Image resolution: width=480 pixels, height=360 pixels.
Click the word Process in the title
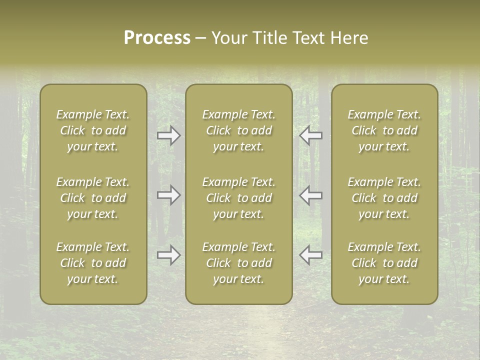[x=157, y=38]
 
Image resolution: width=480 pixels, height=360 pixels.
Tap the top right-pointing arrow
[x=169, y=135]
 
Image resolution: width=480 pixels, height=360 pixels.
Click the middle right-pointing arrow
[x=169, y=195]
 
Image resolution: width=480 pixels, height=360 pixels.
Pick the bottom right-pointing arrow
[x=169, y=255]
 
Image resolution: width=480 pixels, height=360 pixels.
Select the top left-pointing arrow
[x=310, y=135]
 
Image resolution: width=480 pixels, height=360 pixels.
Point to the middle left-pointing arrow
[x=310, y=195]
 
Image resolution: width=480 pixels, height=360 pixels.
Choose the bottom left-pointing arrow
[x=310, y=255]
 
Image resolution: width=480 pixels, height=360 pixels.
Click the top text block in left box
[x=93, y=130]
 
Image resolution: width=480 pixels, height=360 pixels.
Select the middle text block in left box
[x=93, y=198]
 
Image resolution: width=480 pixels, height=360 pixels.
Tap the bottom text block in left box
[x=93, y=263]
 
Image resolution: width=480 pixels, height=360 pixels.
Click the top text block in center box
[x=239, y=130]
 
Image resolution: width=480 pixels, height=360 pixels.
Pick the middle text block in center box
[x=239, y=198]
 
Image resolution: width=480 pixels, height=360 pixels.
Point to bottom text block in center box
[x=239, y=263]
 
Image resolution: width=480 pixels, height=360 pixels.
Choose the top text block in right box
[x=384, y=130]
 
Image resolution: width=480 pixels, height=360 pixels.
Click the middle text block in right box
[x=384, y=198]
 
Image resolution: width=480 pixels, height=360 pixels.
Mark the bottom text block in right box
[x=384, y=263]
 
